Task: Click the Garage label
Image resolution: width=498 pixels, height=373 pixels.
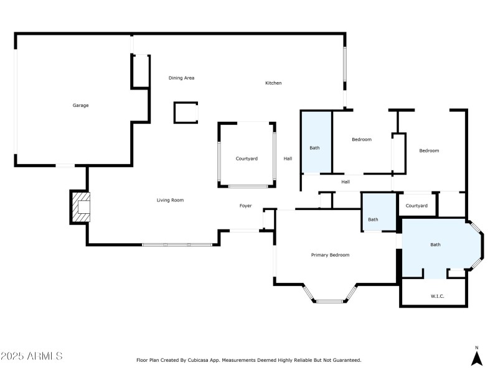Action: [x=80, y=106]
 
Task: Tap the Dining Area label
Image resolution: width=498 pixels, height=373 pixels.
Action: [x=182, y=78]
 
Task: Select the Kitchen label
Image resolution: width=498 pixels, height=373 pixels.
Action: [x=274, y=83]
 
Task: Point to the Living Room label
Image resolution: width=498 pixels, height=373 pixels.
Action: [x=170, y=200]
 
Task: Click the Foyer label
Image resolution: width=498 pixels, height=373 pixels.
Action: [x=247, y=206]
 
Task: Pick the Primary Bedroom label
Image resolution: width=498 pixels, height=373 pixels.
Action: [x=330, y=255]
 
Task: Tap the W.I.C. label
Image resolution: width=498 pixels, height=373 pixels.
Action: [x=438, y=296]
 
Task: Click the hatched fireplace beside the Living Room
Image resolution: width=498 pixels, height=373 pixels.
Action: [x=81, y=206]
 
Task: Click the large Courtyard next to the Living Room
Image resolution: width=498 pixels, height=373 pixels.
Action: [x=247, y=159]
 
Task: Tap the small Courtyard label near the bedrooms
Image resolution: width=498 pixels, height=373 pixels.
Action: [x=416, y=206]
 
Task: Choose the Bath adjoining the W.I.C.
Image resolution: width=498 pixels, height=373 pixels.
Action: [x=436, y=245]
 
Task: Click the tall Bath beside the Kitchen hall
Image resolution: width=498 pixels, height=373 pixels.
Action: [x=315, y=148]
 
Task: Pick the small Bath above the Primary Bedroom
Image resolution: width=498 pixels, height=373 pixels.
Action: [x=373, y=219]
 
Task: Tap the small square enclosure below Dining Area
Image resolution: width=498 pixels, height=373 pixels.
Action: [x=186, y=113]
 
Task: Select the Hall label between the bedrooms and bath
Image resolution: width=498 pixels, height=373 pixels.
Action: [x=345, y=182]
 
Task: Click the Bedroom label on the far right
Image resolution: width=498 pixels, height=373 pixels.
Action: [x=429, y=151]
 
